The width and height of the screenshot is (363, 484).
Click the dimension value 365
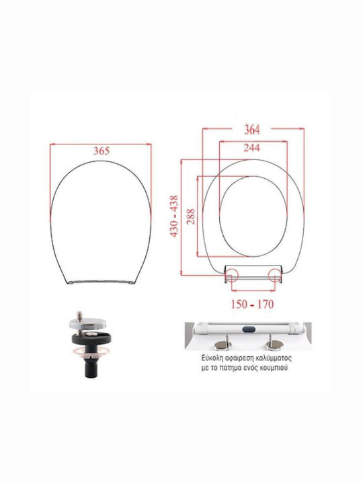(102, 151)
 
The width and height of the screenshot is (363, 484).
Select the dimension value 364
(252, 130)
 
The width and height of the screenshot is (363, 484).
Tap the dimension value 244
(252, 148)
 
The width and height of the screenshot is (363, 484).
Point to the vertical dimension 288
(191, 216)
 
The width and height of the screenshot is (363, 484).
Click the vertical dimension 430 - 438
(174, 216)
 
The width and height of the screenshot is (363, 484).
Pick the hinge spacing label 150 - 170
(253, 305)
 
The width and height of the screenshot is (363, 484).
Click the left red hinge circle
(231, 275)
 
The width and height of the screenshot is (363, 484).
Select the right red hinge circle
(275, 275)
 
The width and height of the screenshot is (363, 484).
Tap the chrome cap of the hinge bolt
(87, 324)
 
